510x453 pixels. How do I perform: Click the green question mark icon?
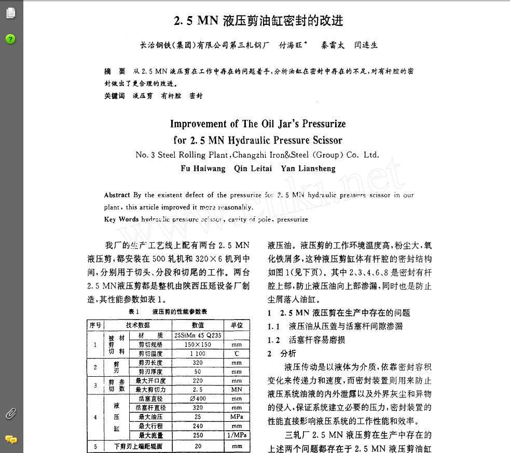pos(10,39)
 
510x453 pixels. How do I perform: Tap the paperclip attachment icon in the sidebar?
pos(10,414)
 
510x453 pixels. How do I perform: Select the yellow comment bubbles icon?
pos(10,440)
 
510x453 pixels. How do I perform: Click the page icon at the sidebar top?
pos(10,12)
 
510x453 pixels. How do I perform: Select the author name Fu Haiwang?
pos(203,169)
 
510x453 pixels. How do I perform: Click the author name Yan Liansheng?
pos(308,169)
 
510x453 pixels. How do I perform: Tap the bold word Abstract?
pos(117,195)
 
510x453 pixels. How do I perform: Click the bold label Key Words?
pos(121,219)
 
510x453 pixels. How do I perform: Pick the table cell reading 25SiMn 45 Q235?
pos(198,335)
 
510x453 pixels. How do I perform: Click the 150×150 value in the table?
pos(198,345)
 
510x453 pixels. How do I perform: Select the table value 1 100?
pos(198,353)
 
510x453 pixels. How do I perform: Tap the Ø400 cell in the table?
pos(198,399)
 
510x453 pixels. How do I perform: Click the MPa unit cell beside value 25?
pos(237,417)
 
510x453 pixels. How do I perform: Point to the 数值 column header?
pos(198,325)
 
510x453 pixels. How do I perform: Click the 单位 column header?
pos(237,325)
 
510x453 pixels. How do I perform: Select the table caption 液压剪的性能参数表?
pos(180,311)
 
